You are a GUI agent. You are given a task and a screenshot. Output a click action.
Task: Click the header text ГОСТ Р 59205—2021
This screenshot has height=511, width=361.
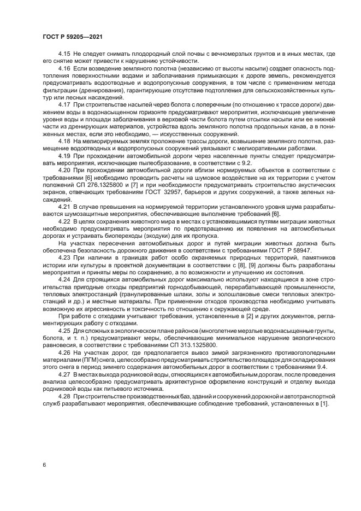click(x=73, y=36)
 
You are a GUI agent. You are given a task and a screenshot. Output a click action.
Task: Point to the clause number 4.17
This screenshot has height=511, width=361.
click(x=64, y=104)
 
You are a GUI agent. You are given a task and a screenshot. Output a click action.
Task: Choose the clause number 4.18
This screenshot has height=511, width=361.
click(x=64, y=140)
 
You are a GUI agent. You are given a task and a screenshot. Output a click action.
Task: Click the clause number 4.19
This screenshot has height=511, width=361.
click(x=64, y=155)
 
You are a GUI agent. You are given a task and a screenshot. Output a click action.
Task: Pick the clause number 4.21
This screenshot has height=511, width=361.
click(x=64, y=207)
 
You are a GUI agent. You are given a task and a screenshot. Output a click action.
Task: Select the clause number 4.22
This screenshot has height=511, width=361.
click(x=64, y=221)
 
